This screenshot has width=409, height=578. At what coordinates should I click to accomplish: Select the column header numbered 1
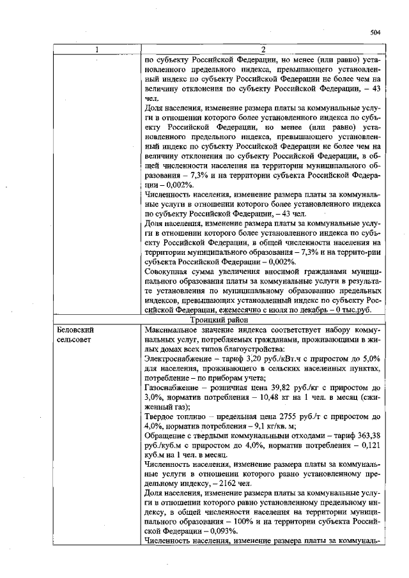pos(97,49)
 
